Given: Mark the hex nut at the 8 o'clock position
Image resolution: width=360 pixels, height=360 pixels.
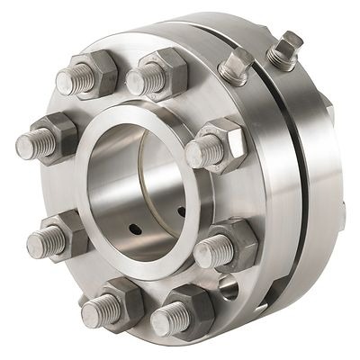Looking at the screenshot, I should click(63, 236).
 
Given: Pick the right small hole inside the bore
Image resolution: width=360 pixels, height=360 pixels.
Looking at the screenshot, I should click(181, 212).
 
